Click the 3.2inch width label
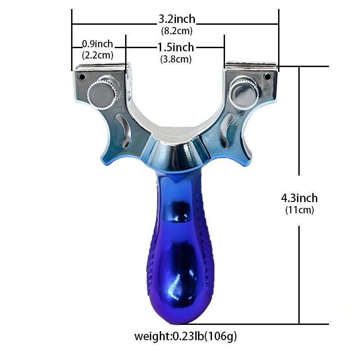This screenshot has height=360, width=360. click(176, 19)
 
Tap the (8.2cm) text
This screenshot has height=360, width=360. click(176, 31)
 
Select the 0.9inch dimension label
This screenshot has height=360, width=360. click(97, 44)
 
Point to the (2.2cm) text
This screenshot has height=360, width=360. click(97, 55)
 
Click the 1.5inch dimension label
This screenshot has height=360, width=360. click(175, 47)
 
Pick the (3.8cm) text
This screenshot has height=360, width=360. click(175, 59)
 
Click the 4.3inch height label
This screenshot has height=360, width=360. click(299, 198)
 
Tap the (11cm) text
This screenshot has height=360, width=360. click(299, 210)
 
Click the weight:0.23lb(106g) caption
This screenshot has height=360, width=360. click(186, 336)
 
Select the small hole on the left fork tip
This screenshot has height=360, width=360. click(82, 77)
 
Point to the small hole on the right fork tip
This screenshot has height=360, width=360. click(267, 77)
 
